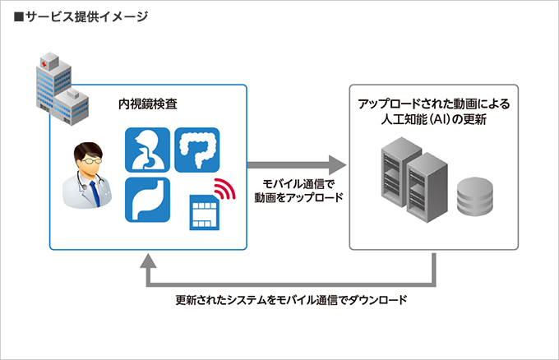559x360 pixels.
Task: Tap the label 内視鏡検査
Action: coord(148,105)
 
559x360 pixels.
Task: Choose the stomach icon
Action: coord(147,199)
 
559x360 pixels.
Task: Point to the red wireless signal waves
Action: coord(222,188)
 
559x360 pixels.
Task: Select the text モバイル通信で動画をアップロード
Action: coord(298,191)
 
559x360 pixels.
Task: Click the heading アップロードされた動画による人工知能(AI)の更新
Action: coord(433,111)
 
